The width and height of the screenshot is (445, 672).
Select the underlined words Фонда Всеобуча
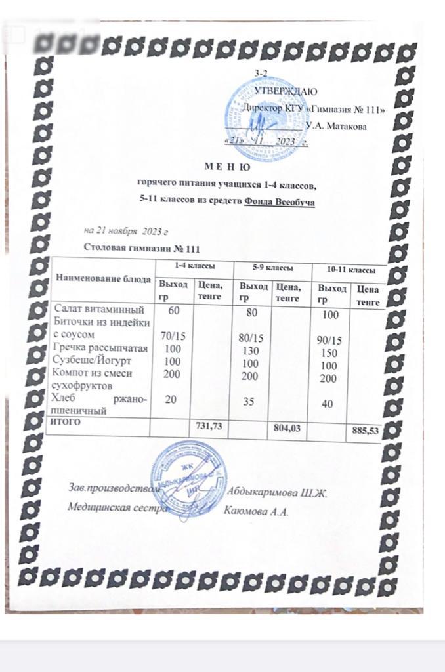279,201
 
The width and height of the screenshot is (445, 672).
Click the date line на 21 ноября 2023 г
127,231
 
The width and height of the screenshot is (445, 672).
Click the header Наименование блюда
102,278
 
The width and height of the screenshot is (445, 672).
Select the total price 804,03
286,429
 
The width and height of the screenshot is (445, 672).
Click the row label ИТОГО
66,422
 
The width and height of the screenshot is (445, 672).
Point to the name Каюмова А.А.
257,513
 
